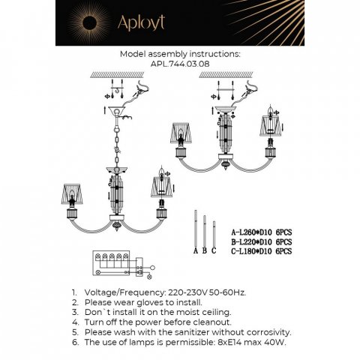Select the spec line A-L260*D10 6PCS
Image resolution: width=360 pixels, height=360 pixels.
pyautogui.click(x=261, y=233)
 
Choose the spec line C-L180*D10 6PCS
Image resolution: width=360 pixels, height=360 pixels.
pyautogui.click(x=261, y=251)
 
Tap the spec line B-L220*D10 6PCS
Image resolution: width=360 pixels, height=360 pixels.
pyautogui.click(x=261, y=242)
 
